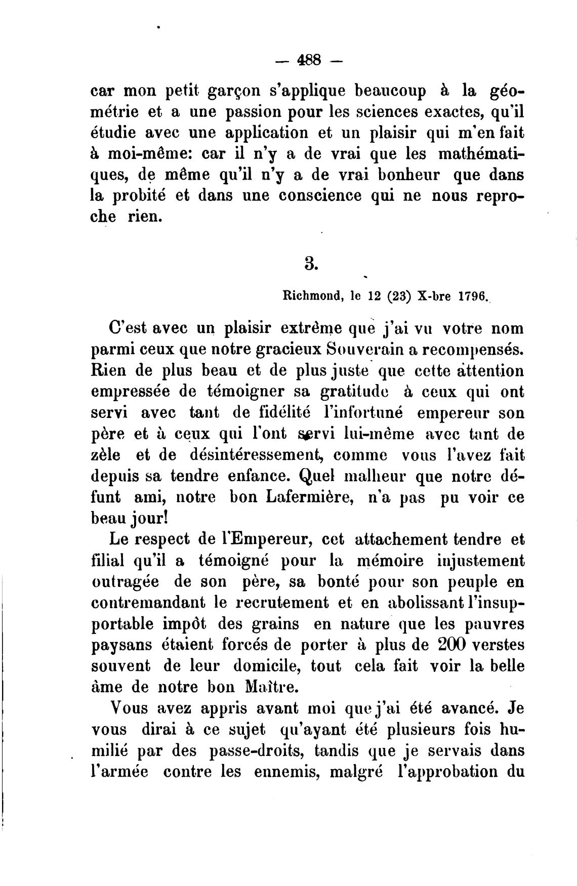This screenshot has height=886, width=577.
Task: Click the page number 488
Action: pyautogui.click(x=309, y=60)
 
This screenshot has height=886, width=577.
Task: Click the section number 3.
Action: pyautogui.click(x=311, y=263)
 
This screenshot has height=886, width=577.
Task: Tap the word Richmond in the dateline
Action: pyautogui.click(x=309, y=297)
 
